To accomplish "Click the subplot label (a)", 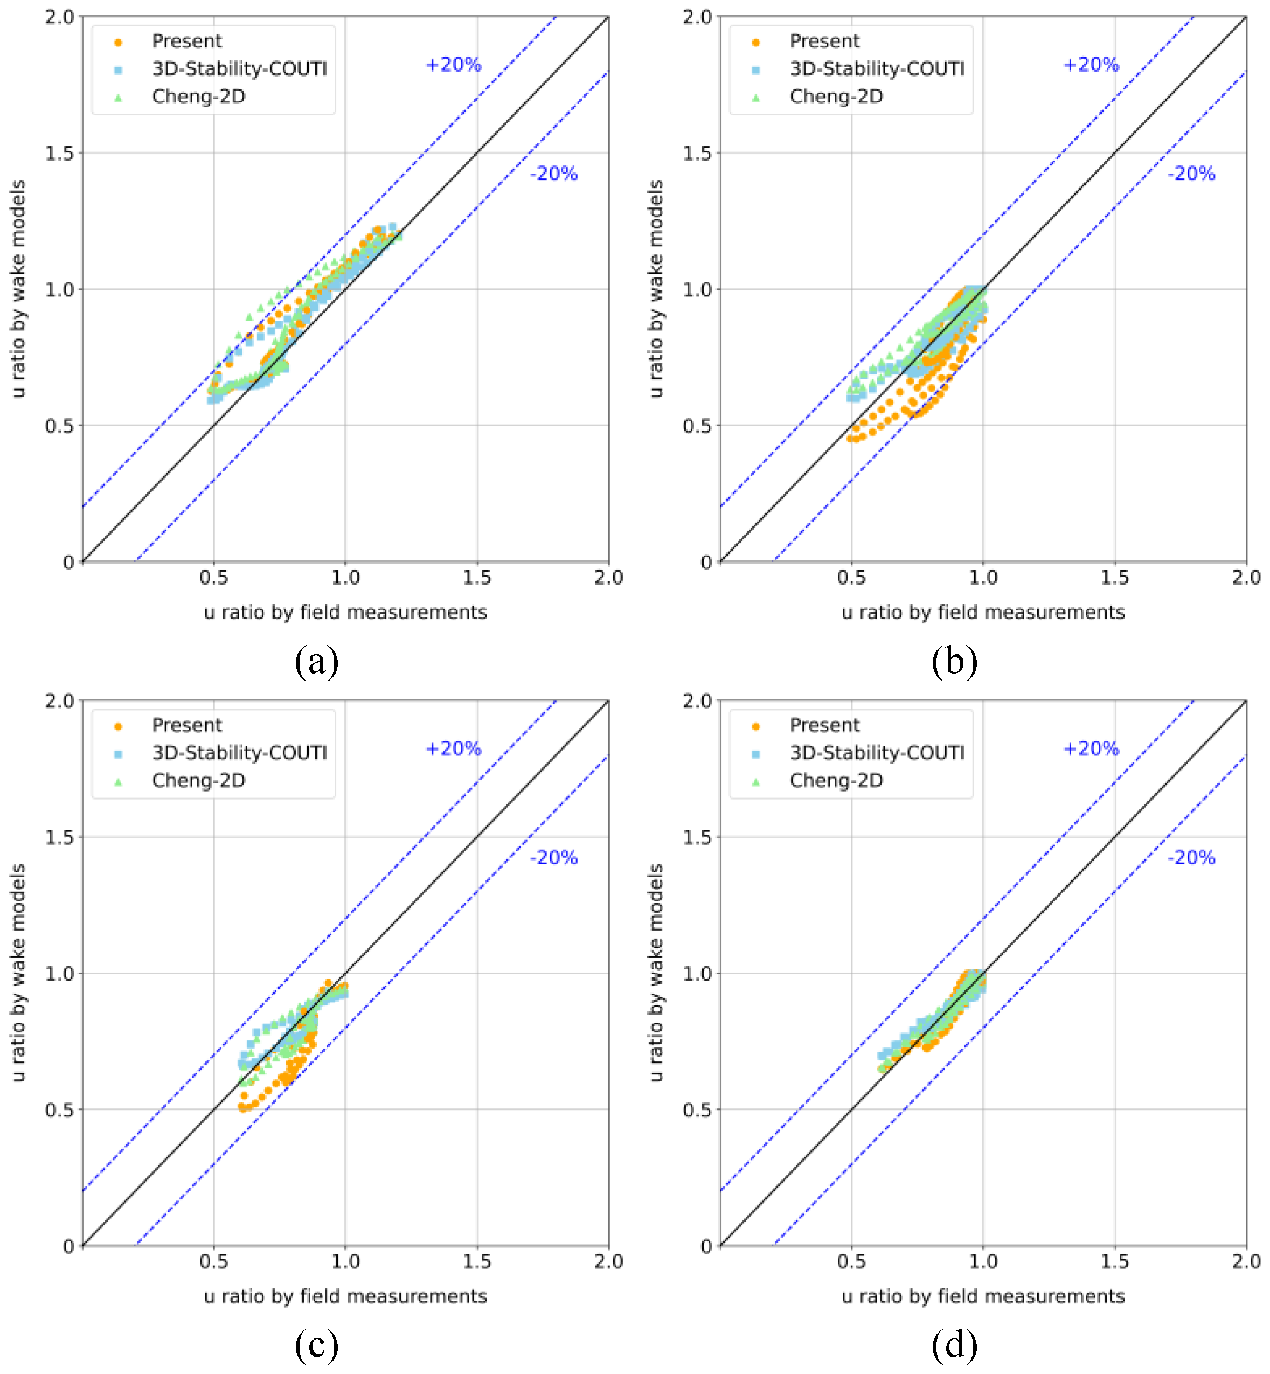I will (x=316, y=662).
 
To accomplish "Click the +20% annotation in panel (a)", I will (x=454, y=65).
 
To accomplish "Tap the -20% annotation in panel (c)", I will (x=553, y=857).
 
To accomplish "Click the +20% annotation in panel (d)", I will (x=1091, y=748).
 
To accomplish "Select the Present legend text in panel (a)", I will (x=187, y=41).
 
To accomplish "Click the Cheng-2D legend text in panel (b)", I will (x=836, y=96).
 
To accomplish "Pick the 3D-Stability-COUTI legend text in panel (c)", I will (x=239, y=753).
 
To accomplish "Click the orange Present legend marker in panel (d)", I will (x=756, y=726).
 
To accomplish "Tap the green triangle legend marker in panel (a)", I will (x=118, y=98).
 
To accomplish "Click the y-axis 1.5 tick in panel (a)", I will (x=59, y=152).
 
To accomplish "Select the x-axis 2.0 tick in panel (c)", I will (x=608, y=1261).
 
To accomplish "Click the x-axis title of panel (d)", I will (x=983, y=1296).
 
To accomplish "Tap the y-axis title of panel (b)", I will (x=656, y=289).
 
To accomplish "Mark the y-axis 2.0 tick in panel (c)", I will (x=59, y=700).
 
